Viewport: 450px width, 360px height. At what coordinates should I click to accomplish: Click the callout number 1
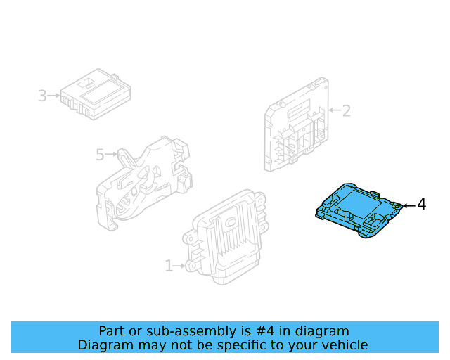coord(169,266)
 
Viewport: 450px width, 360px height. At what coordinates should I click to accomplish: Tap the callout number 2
coord(346,110)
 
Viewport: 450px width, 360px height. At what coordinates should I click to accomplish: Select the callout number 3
coord(42,95)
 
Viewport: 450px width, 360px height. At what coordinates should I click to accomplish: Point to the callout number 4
coord(421,205)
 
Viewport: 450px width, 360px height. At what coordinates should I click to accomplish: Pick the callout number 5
coord(99,153)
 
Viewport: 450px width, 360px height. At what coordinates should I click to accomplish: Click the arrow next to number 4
coord(408,205)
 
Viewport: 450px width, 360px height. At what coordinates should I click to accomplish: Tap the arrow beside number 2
coord(333,110)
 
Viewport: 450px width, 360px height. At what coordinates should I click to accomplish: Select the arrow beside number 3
coord(54,95)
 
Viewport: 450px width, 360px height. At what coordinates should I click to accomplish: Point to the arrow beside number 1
coord(180,266)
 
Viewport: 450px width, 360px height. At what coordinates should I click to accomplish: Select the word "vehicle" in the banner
coord(344,345)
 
